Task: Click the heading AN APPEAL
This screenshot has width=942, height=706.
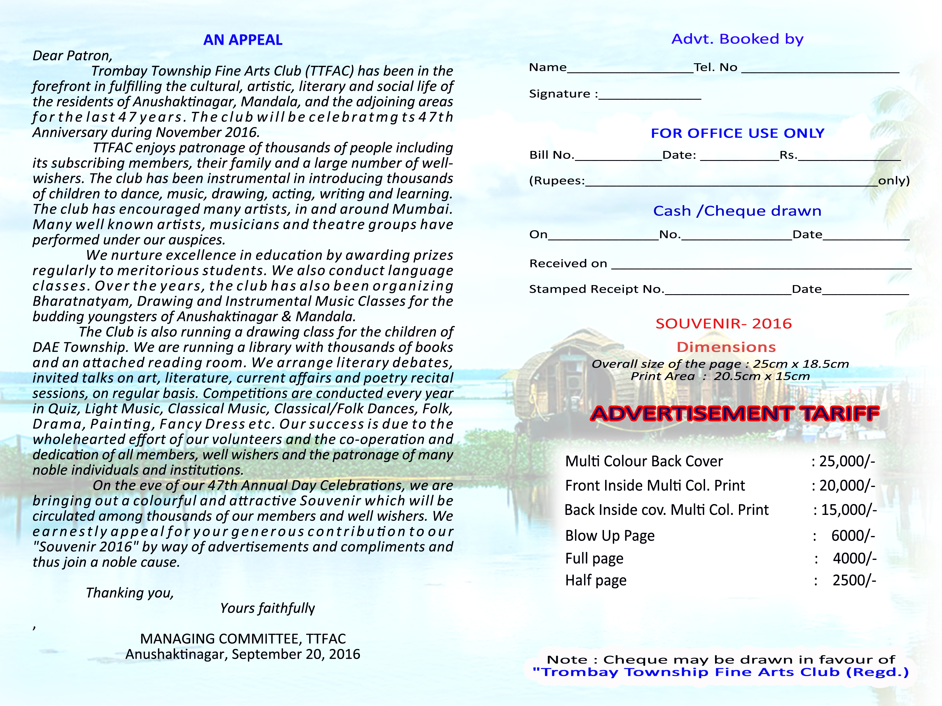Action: tap(243, 40)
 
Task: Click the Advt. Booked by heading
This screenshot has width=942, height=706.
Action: tap(737, 39)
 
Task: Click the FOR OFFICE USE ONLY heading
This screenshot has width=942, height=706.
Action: tap(737, 133)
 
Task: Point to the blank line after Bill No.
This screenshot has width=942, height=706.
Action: tap(618, 157)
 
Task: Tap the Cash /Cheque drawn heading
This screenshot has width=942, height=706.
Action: tap(737, 211)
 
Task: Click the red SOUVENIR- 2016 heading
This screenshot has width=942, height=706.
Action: tap(724, 324)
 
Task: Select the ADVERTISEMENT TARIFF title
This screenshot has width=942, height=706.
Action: tap(735, 414)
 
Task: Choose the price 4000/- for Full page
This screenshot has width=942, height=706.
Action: tap(854, 558)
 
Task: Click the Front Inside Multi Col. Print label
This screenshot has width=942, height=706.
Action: tap(655, 485)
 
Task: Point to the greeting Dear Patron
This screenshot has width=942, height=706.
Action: tap(72, 56)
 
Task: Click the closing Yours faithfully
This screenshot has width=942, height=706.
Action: tap(267, 608)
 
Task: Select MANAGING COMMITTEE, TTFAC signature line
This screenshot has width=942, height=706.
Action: tap(243, 639)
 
